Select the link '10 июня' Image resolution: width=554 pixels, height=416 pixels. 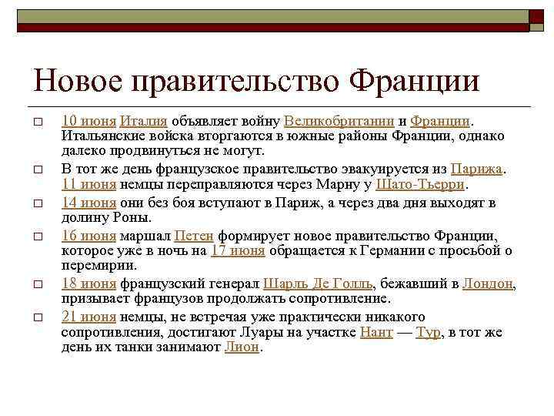[88, 121]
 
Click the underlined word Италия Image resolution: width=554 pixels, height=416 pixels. [144, 121]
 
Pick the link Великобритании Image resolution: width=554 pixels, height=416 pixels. [339, 121]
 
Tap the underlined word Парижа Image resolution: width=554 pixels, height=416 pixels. [476, 169]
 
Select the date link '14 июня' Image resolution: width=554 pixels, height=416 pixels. [88, 203]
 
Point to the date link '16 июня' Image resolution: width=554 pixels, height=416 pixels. [88, 236]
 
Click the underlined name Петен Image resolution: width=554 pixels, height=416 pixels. [194, 236]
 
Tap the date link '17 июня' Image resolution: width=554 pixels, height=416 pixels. [238, 250]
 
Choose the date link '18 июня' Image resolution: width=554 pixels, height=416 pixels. [88, 283]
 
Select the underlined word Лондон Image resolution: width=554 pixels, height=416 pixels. [488, 283]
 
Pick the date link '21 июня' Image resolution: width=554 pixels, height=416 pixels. [88, 317]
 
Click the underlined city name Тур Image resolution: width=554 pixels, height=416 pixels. [427, 332]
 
